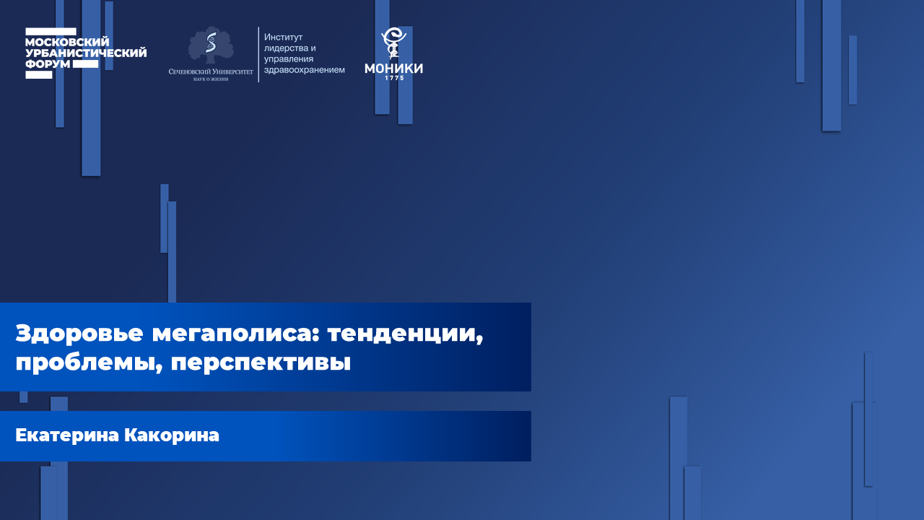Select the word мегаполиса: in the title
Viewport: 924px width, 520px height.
pos(235,334)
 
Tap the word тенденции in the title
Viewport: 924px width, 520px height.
pos(405,334)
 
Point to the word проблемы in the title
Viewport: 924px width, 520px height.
pos(87,362)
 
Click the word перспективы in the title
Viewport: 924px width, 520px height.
pos(261,362)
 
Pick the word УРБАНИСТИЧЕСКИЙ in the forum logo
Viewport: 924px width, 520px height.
pos(86,53)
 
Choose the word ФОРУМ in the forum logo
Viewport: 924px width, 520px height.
pos(48,64)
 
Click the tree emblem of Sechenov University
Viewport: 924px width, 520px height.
pos(211,45)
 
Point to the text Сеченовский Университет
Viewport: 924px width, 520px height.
pos(211,71)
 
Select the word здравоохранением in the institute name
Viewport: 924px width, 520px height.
pos(304,69)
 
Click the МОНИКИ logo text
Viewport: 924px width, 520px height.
pos(393,68)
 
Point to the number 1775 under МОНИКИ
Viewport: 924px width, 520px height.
pos(393,77)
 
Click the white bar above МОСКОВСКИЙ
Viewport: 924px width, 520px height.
pos(51,31)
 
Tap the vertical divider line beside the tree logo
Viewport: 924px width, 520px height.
pos(258,54)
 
